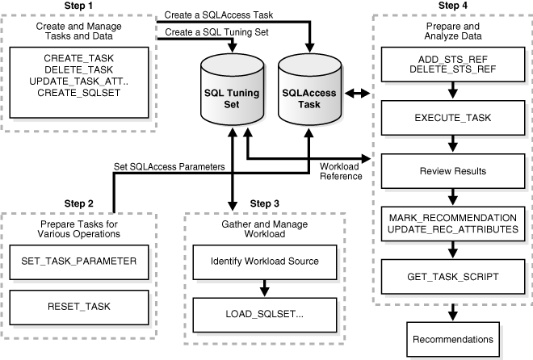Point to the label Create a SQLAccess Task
click(220, 15)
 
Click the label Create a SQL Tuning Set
click(216, 31)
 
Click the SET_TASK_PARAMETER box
click(78, 262)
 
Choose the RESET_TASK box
click(78, 306)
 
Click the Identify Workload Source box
click(264, 262)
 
